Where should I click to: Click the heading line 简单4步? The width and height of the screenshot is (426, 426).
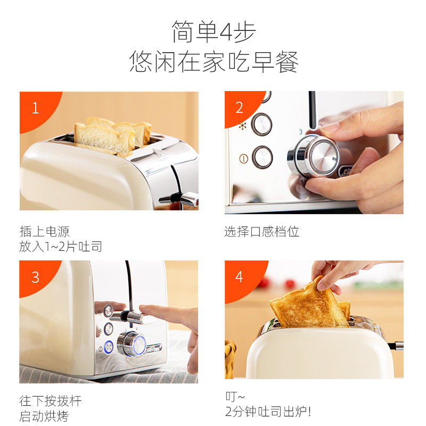pyautogui.click(x=214, y=32)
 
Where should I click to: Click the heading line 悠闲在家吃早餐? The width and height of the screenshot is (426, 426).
pyautogui.click(x=214, y=62)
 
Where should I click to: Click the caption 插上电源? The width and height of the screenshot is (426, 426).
pyautogui.click(x=45, y=232)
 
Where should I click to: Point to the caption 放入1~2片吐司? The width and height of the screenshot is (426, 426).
pyautogui.click(x=61, y=247)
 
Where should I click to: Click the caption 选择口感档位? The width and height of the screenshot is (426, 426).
pyautogui.click(x=261, y=232)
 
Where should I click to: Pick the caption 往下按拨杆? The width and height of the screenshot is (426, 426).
pyautogui.click(x=51, y=401)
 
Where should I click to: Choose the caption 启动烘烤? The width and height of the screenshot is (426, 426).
pyautogui.click(x=44, y=416)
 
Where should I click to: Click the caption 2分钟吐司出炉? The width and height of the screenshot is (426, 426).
pyautogui.click(x=268, y=411)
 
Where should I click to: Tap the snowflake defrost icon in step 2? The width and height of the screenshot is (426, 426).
pyautogui.click(x=242, y=126)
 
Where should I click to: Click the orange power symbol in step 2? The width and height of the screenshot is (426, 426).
pyautogui.click(x=243, y=159)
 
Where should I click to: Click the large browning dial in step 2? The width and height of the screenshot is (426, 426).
pyautogui.click(x=314, y=156)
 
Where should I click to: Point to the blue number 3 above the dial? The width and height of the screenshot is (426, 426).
pyautogui.click(x=301, y=132)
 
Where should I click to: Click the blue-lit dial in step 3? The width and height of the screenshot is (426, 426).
pyautogui.click(x=132, y=343)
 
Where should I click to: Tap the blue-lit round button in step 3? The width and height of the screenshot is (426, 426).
pyautogui.click(x=109, y=348)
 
